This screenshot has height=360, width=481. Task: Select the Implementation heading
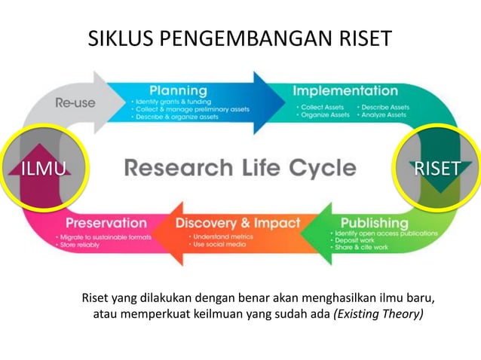point(345,91)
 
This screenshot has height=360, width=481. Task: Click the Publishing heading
point(374,223)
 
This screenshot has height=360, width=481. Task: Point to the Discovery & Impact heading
point(237,223)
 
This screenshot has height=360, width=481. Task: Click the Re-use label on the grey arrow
point(75,102)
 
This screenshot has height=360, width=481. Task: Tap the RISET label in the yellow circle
point(437,168)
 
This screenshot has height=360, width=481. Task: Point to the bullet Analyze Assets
point(384,115)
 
